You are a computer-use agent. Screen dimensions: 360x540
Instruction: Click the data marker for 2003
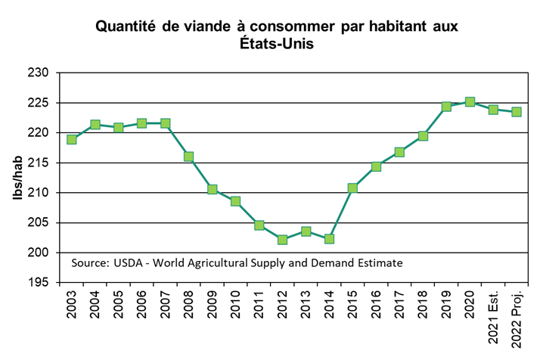coord(72,139)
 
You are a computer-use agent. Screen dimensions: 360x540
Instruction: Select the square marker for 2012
coord(283,240)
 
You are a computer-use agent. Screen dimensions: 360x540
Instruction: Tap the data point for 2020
coord(470,102)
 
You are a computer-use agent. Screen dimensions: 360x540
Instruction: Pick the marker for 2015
coord(353,188)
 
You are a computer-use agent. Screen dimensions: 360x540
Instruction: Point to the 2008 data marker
coord(189,157)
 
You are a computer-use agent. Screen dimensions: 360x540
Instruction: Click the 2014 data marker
coord(330,239)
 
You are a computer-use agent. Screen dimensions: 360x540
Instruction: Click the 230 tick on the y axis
coord(39,73)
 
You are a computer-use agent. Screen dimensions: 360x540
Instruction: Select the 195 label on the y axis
coord(39,282)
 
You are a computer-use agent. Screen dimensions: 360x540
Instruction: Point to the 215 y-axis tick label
coord(39,163)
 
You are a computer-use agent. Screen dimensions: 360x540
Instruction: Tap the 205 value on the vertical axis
coord(39,222)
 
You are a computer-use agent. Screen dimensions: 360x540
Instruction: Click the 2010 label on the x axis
coord(236,308)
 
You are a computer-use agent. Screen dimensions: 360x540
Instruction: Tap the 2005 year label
coord(119,308)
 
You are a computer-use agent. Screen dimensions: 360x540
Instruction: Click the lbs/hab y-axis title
coord(16,178)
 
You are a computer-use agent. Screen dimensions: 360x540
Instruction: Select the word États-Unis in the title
coord(276,45)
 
